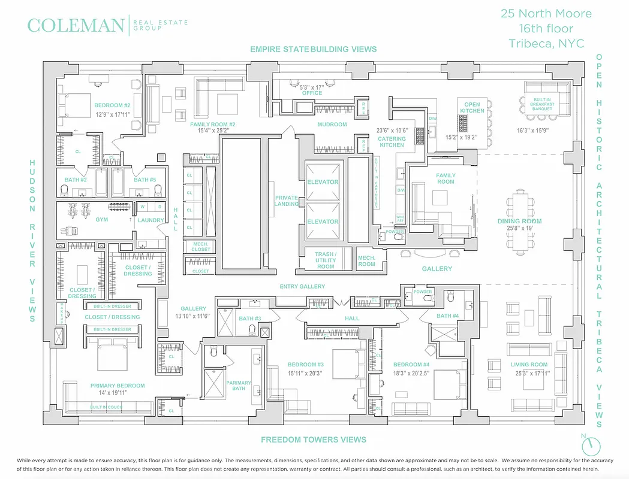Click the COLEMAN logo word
pyautogui.click(x=76, y=26)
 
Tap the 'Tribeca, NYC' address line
pyautogui.click(x=546, y=43)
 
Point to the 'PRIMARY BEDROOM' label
pyautogui.click(x=118, y=386)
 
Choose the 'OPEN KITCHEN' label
pyautogui.click(x=472, y=108)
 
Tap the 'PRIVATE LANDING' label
pyautogui.click(x=287, y=201)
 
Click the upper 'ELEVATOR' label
pyautogui.click(x=323, y=182)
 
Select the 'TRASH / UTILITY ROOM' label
pyautogui.click(x=325, y=260)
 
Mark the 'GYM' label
pyautogui.click(x=102, y=220)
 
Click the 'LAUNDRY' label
pyautogui.click(x=151, y=220)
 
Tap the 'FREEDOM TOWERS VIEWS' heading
pyautogui.click(x=314, y=439)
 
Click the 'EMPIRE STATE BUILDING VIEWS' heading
pyautogui.click(x=314, y=49)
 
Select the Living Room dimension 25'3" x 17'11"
pyautogui.click(x=529, y=373)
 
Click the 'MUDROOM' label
pyautogui.click(x=332, y=125)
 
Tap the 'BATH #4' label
pyautogui.click(x=447, y=316)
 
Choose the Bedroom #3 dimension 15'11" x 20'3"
pyautogui.click(x=305, y=373)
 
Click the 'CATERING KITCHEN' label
pyautogui.click(x=392, y=142)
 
